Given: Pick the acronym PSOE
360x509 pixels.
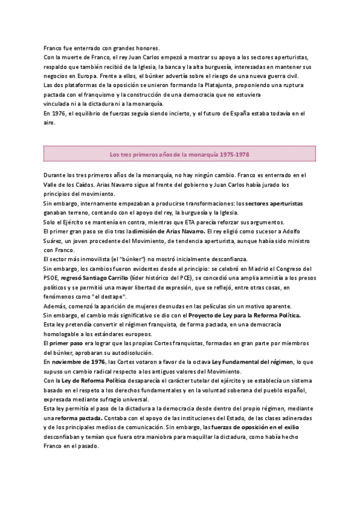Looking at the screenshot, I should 53,278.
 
